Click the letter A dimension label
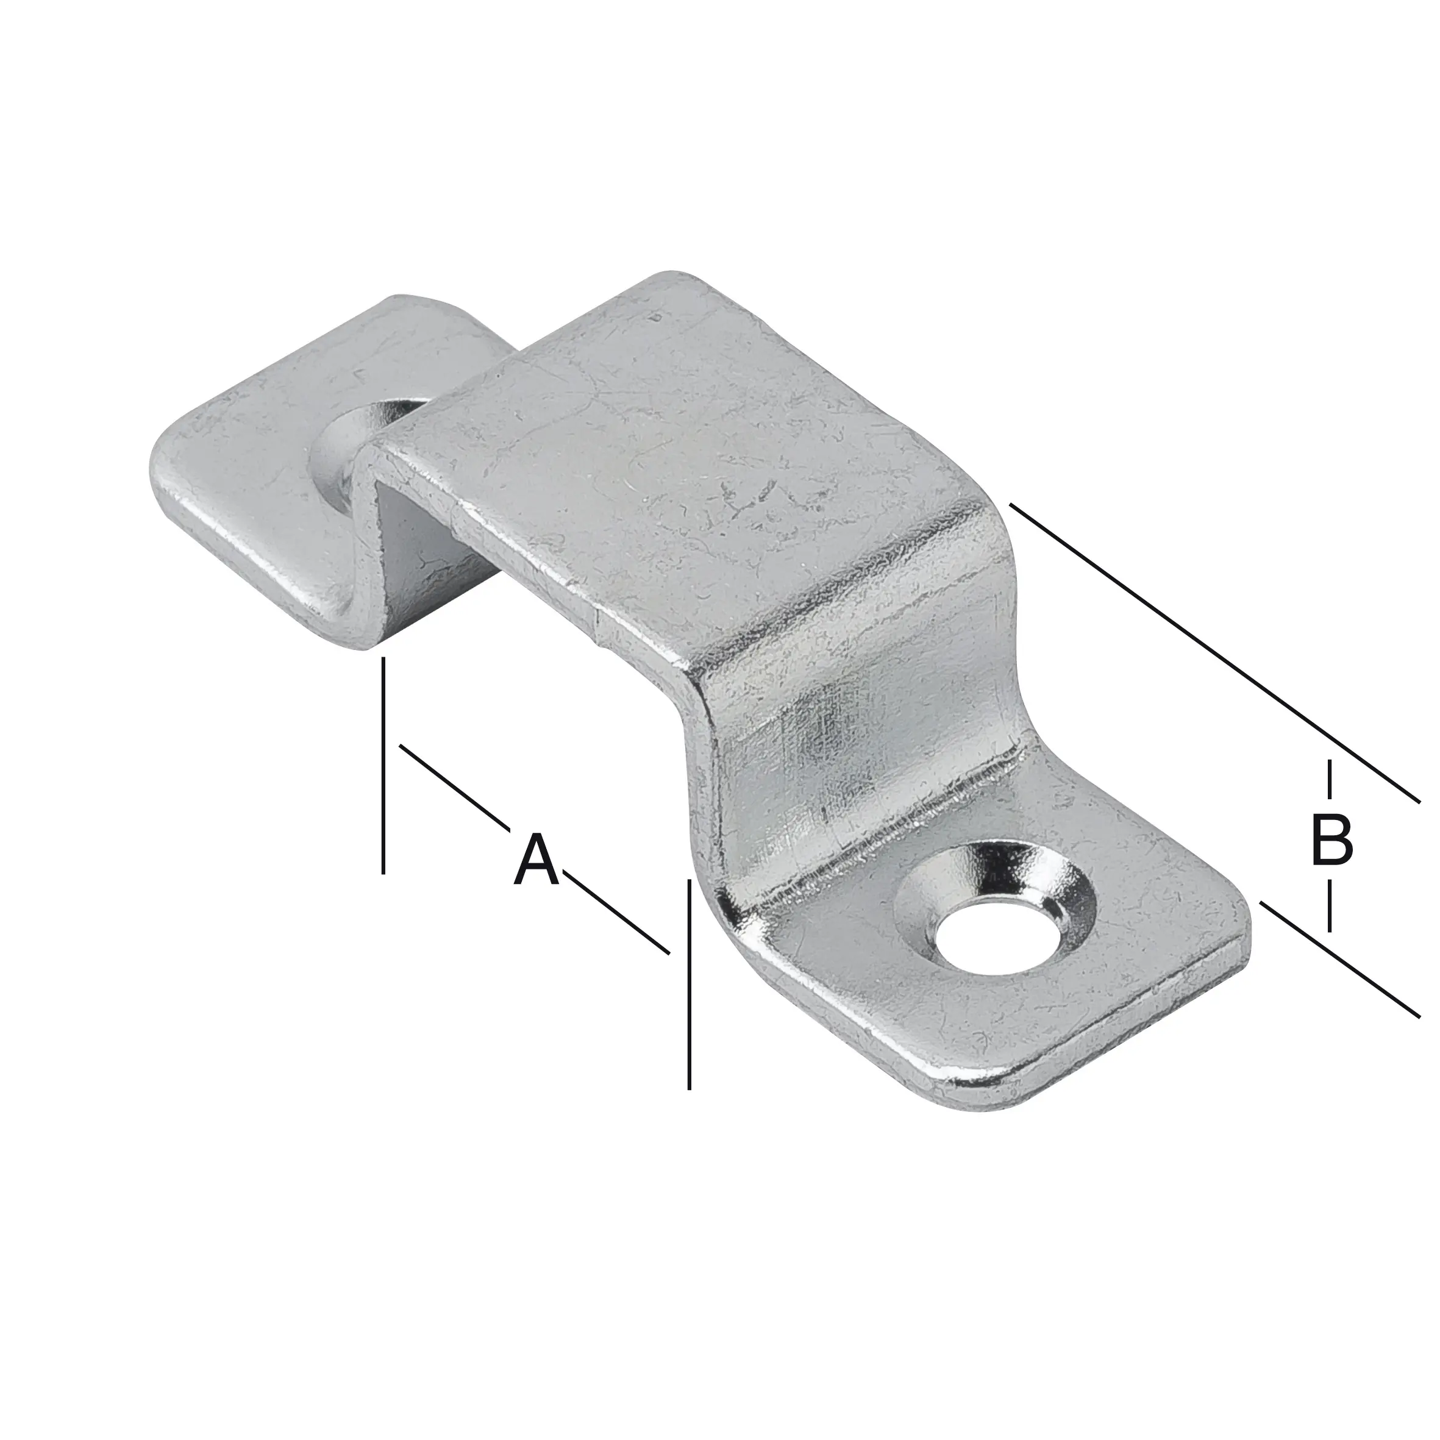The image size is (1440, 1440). (536, 861)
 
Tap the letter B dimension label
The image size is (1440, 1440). (1331, 841)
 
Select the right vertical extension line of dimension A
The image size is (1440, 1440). (690, 984)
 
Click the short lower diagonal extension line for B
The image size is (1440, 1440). (1339, 958)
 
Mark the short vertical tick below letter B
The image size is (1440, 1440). (1330, 905)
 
